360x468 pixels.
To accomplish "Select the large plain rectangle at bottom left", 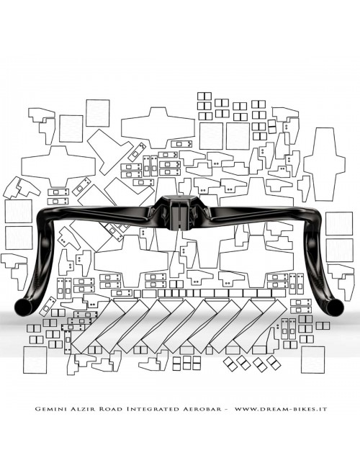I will [35, 361].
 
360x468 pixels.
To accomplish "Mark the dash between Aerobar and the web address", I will [228, 408].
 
